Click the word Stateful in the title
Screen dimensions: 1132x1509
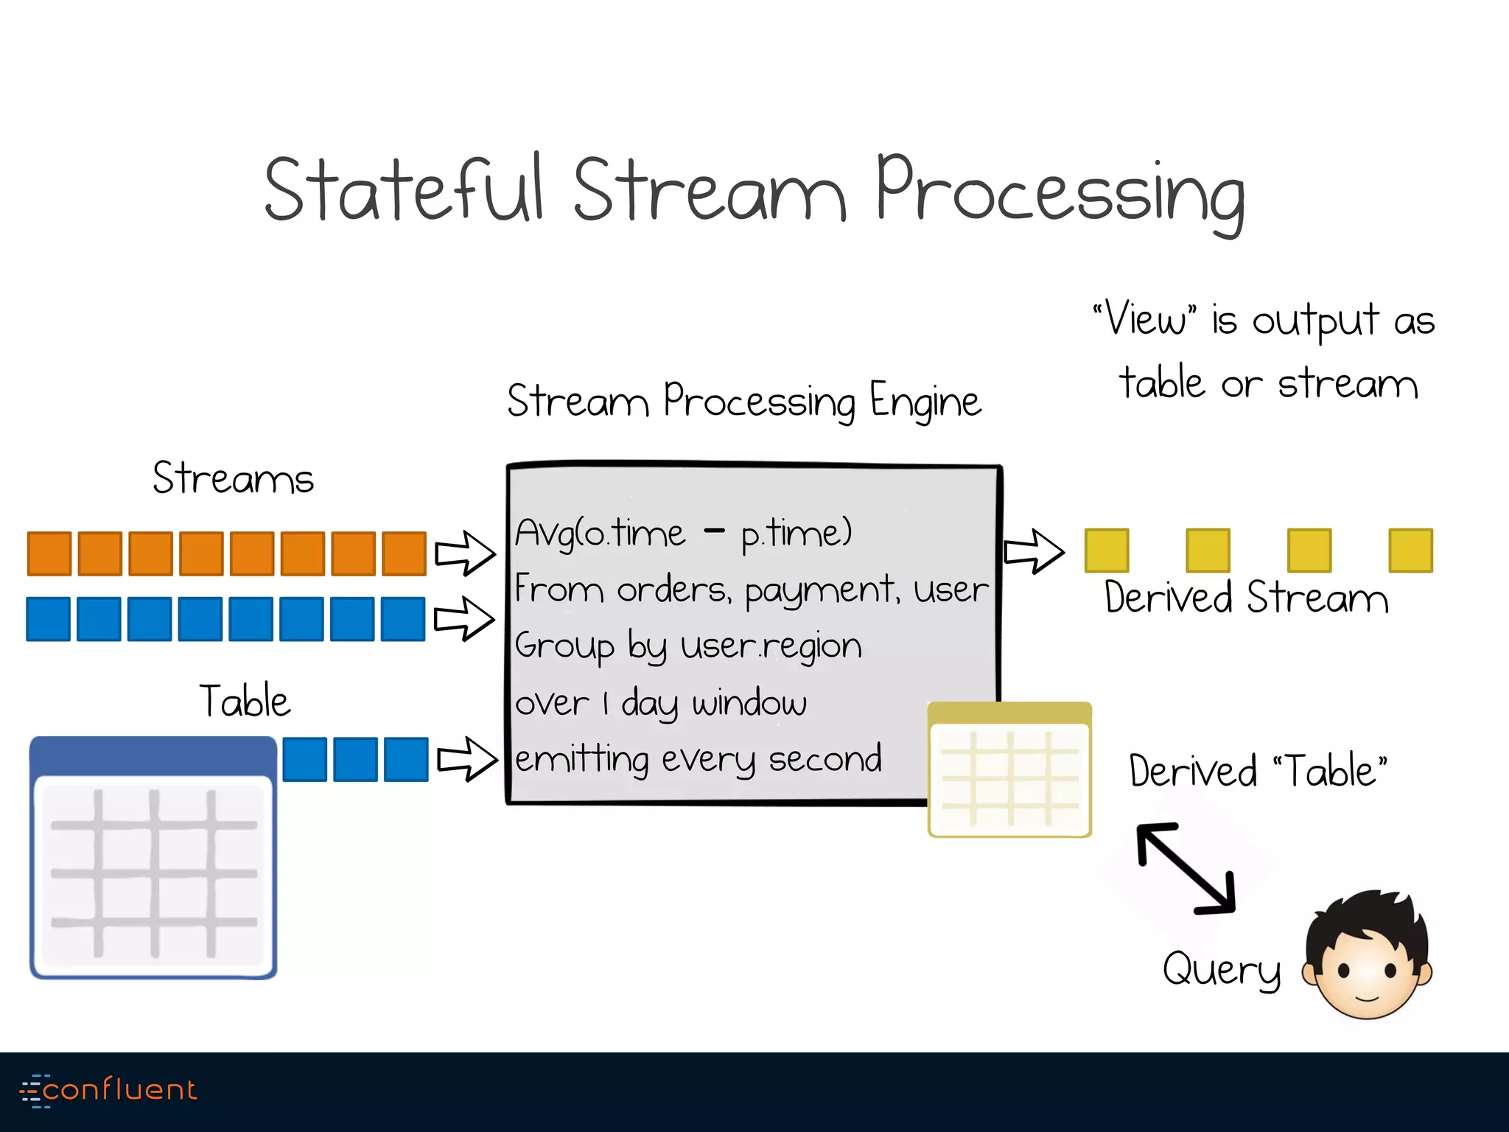(x=404, y=190)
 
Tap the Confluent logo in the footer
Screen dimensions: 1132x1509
(x=109, y=1090)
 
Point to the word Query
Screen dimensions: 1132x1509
(x=1222, y=969)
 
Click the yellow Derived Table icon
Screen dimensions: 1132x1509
(x=1009, y=771)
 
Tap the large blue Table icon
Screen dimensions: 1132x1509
(x=153, y=858)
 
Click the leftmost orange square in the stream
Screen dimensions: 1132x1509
(x=49, y=553)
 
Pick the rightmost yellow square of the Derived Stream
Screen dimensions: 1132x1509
(x=1410, y=551)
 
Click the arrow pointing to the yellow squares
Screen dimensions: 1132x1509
(x=1034, y=551)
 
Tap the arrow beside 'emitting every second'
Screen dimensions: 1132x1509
(x=467, y=759)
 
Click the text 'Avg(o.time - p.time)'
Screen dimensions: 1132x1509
(x=683, y=533)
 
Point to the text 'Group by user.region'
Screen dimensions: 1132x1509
(x=688, y=646)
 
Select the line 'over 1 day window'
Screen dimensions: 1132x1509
(x=660, y=703)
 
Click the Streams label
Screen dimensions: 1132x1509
(x=233, y=478)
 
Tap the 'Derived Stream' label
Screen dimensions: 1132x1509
(x=1246, y=598)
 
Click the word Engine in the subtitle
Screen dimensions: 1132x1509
(x=925, y=402)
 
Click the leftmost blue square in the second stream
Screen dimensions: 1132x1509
(x=49, y=619)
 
